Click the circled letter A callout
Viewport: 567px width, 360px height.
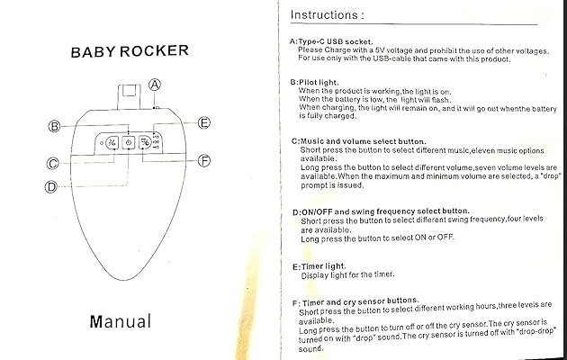(x=155, y=85)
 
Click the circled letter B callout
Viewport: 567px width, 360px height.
(x=54, y=126)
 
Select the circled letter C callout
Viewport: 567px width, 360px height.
(x=53, y=164)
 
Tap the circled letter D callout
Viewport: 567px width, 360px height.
(x=51, y=186)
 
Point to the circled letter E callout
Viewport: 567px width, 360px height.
(x=204, y=122)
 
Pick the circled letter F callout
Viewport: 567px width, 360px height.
(x=204, y=161)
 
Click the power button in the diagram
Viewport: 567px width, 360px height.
(x=129, y=142)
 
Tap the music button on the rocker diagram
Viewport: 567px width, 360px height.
(x=110, y=142)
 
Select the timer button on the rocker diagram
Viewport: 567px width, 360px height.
(x=146, y=142)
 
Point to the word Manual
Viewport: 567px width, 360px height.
(x=121, y=320)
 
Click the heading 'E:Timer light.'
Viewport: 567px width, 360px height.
(x=322, y=267)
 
